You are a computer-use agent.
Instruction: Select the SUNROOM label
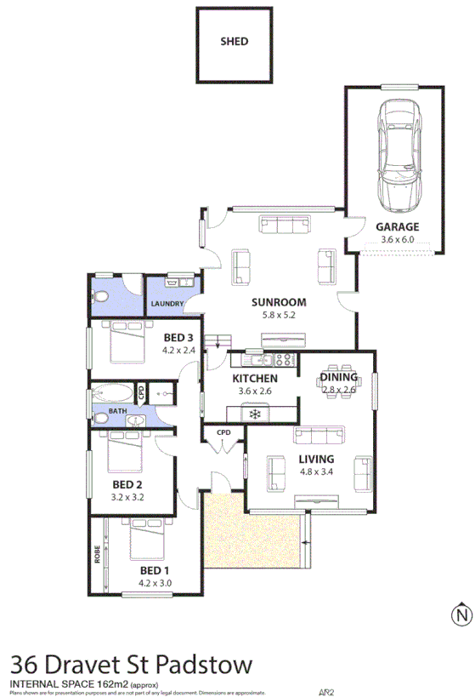click(278, 302)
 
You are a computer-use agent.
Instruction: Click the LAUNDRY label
click(168, 303)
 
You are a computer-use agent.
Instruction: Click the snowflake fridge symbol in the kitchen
click(253, 414)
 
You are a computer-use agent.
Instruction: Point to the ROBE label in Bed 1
click(98, 555)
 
